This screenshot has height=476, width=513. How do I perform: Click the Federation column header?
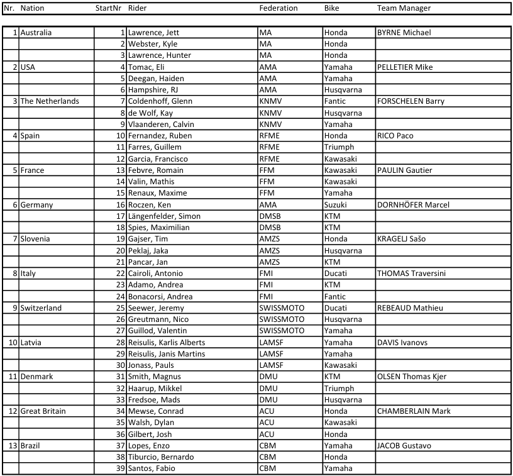pos(279,8)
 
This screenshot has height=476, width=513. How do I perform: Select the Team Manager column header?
pos(404,8)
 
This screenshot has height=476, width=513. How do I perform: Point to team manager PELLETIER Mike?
pos(405,67)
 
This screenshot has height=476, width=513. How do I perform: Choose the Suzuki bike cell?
pos(336,204)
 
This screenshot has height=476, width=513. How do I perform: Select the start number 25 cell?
pos(120,308)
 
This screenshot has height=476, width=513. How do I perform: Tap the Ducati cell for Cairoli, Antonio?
pos(336,274)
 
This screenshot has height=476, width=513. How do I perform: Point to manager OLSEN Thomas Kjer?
pos(412,377)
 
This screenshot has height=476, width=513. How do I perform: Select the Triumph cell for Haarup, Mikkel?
pos(339,389)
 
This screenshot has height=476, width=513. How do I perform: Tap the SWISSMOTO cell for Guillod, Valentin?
pos(282,331)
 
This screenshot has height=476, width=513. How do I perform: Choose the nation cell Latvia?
pos(31,343)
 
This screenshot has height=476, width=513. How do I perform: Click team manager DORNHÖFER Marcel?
pos(413,204)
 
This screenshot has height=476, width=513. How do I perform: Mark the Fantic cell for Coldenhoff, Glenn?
pos(336,101)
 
